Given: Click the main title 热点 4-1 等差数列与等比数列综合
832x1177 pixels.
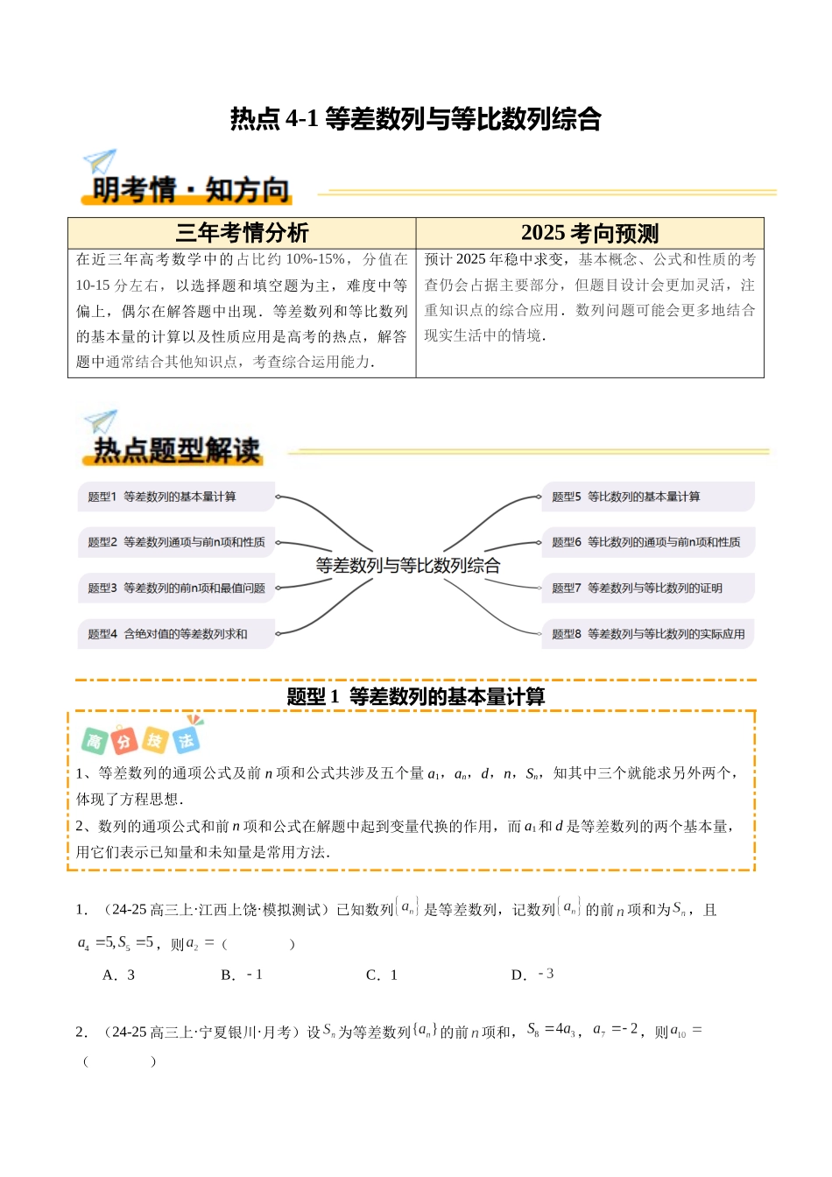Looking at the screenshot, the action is [x=415, y=118].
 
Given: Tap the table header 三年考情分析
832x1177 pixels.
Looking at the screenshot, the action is [x=242, y=233].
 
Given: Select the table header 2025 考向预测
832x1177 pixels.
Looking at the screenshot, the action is [x=589, y=233].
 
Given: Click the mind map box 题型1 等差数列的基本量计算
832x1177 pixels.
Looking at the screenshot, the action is [x=176, y=497].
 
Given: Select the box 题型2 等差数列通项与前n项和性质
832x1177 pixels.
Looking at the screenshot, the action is [x=176, y=542].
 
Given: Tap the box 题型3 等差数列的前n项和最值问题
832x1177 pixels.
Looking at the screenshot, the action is [x=176, y=588].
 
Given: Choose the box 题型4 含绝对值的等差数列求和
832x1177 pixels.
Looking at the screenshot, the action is [x=176, y=634].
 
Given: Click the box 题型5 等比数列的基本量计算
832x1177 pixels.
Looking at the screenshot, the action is [x=647, y=497].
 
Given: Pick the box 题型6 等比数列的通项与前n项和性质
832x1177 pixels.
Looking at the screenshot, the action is [x=647, y=542].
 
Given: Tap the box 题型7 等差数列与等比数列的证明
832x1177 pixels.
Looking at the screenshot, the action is [x=647, y=588].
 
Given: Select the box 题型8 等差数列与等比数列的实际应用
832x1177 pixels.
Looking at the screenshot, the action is [x=647, y=634].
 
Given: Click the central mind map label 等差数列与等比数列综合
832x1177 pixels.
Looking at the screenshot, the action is [x=408, y=566].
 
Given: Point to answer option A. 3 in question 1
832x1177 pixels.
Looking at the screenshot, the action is [x=119, y=975].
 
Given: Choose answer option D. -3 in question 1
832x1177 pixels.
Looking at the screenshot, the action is [x=532, y=975].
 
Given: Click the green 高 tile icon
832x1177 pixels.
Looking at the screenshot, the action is [x=94, y=742].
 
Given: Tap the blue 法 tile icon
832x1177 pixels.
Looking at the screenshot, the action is [x=186, y=740].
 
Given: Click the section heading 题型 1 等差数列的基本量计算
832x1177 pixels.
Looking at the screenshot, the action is [x=415, y=697].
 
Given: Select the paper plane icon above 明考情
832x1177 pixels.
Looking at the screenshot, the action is [x=100, y=161].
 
